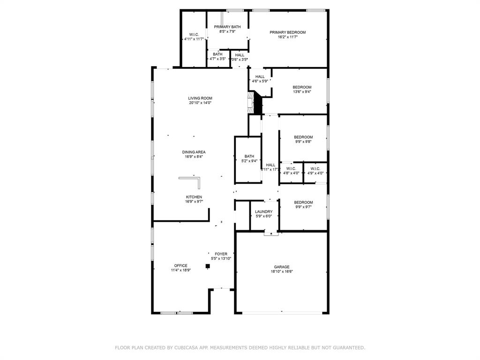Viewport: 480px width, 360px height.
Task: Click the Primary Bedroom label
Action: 287,32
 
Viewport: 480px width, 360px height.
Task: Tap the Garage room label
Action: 282,267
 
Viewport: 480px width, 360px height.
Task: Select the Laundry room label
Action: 263,211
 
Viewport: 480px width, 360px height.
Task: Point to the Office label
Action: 180,265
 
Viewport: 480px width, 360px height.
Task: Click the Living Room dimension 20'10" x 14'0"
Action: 200,103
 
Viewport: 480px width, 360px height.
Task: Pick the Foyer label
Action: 221,254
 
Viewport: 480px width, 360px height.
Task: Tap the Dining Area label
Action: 194,152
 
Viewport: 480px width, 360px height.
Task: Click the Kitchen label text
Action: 194,197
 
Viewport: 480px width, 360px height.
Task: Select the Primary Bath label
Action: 227,27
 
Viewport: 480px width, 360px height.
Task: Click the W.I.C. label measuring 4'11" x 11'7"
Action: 194,39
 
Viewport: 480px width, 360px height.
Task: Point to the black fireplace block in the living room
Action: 257,105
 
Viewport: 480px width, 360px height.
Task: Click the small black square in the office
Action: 208,266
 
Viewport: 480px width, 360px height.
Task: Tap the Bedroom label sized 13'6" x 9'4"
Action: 302,87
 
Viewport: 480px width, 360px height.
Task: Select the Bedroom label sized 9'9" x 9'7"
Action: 303,202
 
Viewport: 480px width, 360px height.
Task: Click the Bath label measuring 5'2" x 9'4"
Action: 249,156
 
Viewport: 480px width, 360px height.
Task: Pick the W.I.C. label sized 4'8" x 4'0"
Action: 291,168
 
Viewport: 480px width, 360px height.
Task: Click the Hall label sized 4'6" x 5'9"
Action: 260,76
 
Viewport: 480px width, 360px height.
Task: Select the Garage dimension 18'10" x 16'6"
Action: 282,271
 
